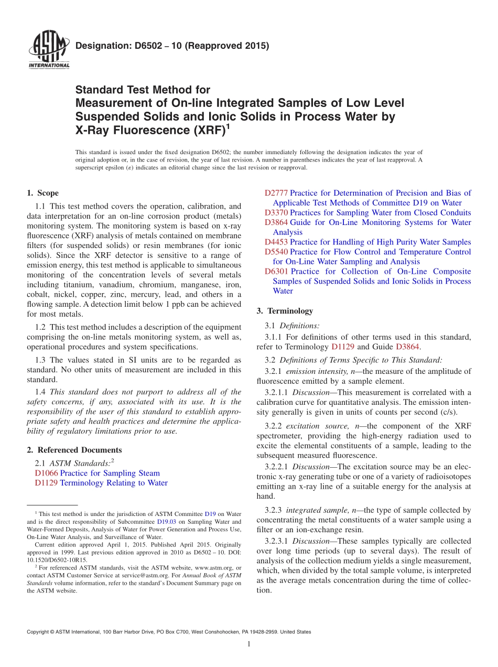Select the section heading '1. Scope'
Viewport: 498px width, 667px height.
[x=43, y=193]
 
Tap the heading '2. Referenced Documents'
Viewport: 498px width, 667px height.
[x=74, y=450]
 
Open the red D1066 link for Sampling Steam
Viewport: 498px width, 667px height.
[x=46, y=473]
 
